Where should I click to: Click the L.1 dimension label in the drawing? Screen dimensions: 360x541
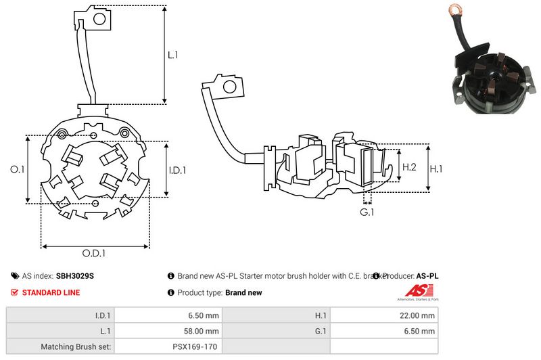(x=172, y=55)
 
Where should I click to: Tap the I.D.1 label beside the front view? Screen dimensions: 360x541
(x=177, y=170)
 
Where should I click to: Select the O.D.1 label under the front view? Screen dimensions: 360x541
(x=95, y=254)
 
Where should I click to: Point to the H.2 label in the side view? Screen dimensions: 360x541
(x=409, y=166)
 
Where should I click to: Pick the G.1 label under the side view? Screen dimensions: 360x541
(x=367, y=212)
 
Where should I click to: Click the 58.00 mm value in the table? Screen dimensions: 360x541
(x=202, y=331)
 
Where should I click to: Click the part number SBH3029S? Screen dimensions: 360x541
(x=74, y=276)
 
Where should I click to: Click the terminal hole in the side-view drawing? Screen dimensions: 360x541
(x=229, y=87)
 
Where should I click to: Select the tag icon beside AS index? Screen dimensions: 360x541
(x=15, y=276)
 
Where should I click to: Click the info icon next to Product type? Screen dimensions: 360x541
(x=170, y=292)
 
